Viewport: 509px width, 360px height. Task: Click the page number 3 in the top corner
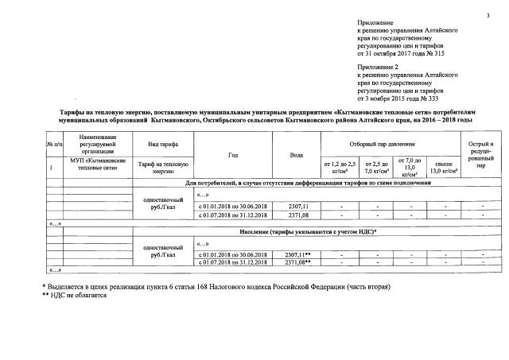click(x=487, y=17)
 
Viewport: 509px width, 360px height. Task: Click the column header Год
click(x=232, y=153)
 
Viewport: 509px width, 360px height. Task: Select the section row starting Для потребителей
click(x=308, y=183)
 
